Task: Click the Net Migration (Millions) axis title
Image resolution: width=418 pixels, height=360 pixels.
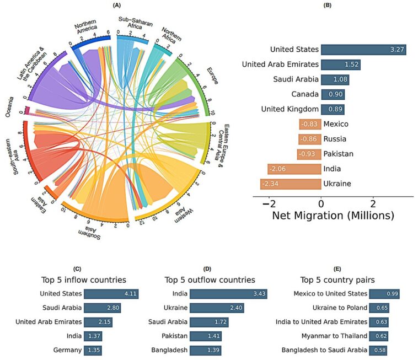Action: click(333, 215)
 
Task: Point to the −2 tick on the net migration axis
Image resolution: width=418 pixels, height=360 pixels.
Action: click(269, 202)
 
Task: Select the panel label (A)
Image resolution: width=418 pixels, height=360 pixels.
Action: click(116, 5)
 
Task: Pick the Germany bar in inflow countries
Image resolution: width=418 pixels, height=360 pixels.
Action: click(93, 350)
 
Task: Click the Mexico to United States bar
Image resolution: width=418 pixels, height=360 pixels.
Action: click(384, 294)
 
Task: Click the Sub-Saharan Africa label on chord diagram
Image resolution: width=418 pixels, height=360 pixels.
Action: click(132, 25)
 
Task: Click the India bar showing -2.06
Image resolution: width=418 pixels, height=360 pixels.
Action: click(294, 169)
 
